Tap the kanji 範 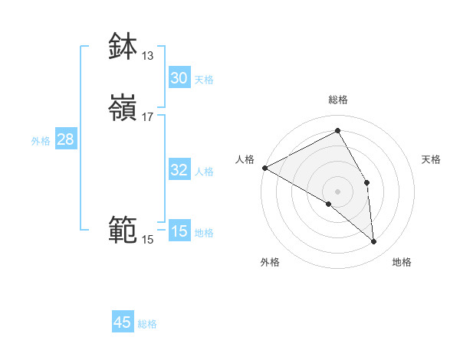tap(123, 230)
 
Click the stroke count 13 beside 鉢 tap(147, 55)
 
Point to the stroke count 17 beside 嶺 tap(147, 117)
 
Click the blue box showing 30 tap(179, 78)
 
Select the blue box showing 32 tap(179, 170)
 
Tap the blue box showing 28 tap(65, 139)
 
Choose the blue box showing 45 tap(123, 322)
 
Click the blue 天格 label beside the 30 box tap(204, 80)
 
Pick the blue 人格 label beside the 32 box tap(204, 172)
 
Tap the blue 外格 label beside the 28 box tap(41, 141)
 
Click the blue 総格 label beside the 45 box tap(147, 324)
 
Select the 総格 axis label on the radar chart tap(338, 100)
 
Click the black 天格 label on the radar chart tap(431, 159)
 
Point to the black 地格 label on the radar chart tap(402, 262)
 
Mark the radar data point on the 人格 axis tap(264, 168)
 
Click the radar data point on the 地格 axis tap(373, 241)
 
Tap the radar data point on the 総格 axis tap(338, 130)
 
